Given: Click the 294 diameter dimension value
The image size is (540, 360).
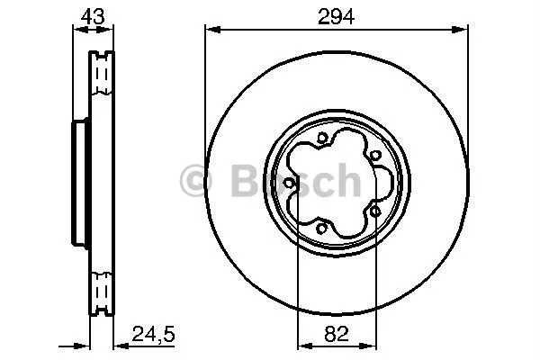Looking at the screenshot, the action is pyautogui.click(x=336, y=17).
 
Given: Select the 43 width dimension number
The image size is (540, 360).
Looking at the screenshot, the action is pyautogui.click(x=93, y=16).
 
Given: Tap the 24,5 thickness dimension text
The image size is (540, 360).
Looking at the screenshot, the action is pyautogui.click(x=154, y=334).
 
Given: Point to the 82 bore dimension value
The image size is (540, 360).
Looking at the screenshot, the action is pyautogui.click(x=336, y=334).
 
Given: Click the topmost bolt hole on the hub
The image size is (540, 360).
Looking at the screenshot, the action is pyautogui.click(x=321, y=138).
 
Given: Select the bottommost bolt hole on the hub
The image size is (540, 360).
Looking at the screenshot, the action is pyautogui.click(x=321, y=228).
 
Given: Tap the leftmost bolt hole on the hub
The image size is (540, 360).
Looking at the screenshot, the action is pyautogui.click(x=289, y=183).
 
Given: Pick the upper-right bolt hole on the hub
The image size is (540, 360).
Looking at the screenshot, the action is pyautogui.click(x=375, y=156).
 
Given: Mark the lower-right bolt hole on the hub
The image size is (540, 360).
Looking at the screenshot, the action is pyautogui.click(x=375, y=211).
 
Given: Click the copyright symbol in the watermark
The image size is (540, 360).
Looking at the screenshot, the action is pyautogui.click(x=195, y=181).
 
